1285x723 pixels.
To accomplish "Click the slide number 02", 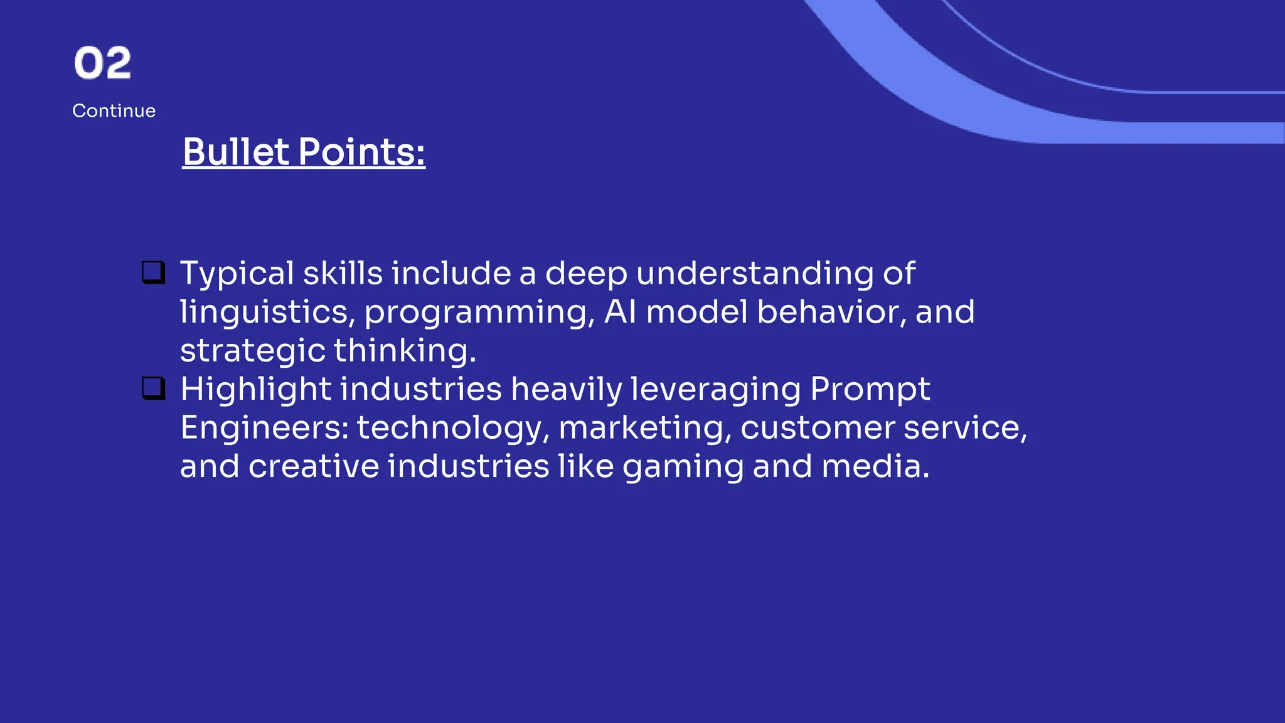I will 102,63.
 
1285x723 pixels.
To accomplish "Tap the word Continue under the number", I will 114,111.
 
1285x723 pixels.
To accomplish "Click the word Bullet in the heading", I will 236,152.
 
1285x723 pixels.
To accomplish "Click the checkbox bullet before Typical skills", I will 153,273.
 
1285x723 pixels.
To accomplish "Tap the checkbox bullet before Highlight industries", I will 153,388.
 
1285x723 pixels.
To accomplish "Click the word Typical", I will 237,274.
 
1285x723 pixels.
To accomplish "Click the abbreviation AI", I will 620,312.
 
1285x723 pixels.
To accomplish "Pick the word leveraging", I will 715,390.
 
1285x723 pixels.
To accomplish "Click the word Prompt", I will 870,390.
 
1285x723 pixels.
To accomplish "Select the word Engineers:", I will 264,428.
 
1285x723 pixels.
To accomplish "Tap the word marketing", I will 645,428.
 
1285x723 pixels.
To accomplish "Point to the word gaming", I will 683,467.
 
